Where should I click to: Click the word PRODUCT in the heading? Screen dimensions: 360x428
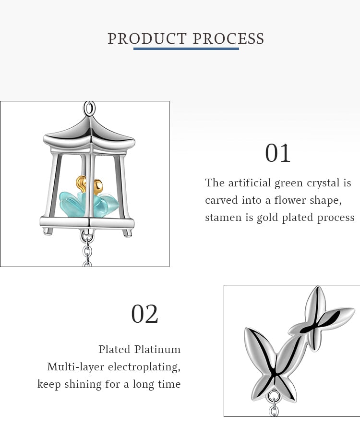click(147, 39)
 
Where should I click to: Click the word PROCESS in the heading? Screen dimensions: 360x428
click(228, 39)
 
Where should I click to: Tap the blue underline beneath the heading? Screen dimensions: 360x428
click(186, 49)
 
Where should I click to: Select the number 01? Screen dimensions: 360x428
click(277, 153)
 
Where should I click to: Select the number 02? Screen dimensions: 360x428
click(144, 314)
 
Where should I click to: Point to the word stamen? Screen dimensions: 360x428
click(223, 218)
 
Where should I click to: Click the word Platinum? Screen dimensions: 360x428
click(157, 349)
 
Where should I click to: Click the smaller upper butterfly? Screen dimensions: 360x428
click(321, 319)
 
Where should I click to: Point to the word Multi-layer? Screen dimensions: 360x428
click(75, 367)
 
